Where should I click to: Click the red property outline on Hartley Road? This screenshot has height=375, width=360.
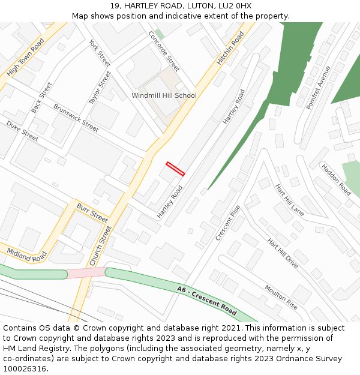(175, 169)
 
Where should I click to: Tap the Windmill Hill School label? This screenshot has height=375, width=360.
(164, 95)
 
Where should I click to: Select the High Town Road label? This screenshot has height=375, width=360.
(26, 58)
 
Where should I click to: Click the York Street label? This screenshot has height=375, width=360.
(100, 53)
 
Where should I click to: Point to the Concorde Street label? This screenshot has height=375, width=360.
(164, 51)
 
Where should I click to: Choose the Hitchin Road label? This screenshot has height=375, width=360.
(230, 48)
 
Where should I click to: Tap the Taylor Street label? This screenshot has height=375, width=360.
(100, 88)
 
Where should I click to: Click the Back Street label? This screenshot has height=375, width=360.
(42, 98)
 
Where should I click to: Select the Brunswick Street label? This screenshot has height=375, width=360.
(76, 118)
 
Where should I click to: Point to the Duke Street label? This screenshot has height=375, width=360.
(22, 131)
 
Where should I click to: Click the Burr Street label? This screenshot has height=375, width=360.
(92, 212)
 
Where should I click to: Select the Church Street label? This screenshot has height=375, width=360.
(100, 246)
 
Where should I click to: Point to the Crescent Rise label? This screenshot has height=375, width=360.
(227, 223)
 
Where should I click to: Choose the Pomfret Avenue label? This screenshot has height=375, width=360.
(318, 88)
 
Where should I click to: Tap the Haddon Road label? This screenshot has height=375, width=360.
(335, 179)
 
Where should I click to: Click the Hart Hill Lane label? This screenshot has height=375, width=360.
(289, 200)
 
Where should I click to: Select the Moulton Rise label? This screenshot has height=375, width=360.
(281, 297)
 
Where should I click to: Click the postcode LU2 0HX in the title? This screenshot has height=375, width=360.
(232, 5)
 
